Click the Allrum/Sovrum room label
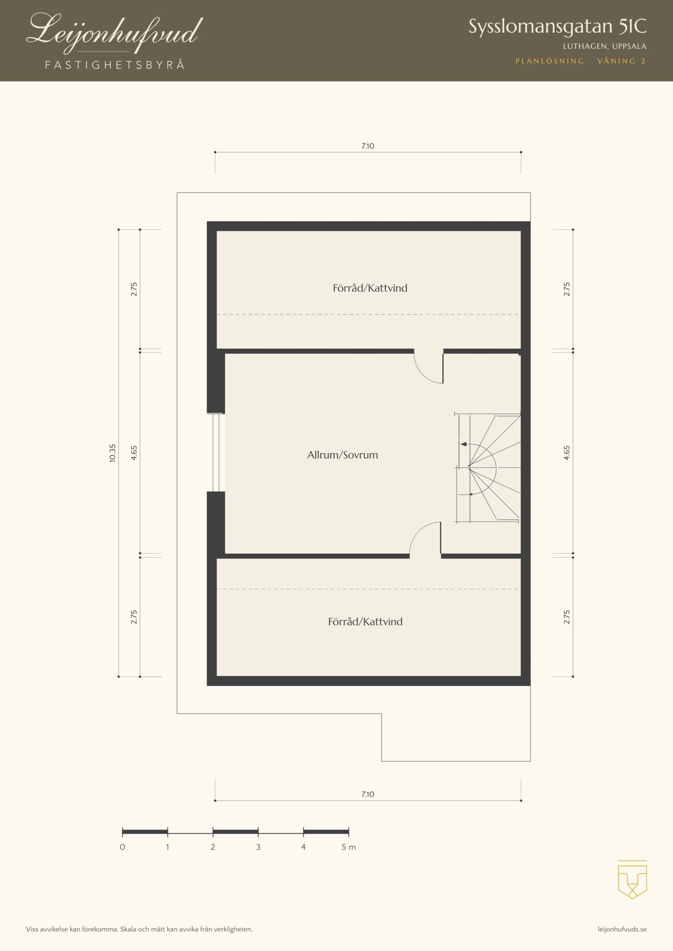(343, 455)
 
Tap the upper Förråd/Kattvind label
(370, 288)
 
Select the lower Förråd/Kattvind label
(365, 622)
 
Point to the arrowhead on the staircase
(463, 444)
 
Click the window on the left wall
(216, 453)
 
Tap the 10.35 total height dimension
(112, 453)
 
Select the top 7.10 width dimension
(368, 146)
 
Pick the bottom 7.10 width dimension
(368, 795)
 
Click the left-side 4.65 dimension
(134, 453)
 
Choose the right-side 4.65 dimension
(567, 453)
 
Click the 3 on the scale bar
(258, 847)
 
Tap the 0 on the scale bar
(122, 847)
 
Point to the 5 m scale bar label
(348, 847)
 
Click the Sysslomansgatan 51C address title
(558, 27)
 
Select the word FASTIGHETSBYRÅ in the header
(115, 65)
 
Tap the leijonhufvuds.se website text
(622, 930)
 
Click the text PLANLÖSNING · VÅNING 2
(581, 61)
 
